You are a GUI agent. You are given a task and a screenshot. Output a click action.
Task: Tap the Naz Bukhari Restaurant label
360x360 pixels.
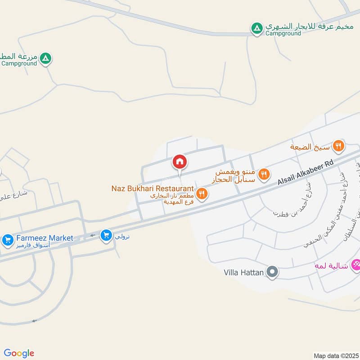[x=153, y=189]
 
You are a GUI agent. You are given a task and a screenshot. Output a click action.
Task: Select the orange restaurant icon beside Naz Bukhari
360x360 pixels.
[x=202, y=193]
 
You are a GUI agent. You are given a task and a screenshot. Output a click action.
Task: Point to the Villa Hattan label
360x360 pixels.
[x=243, y=272]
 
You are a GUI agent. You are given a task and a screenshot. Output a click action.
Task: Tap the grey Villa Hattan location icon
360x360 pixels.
[x=272, y=272]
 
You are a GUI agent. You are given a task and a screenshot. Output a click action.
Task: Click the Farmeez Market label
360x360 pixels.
[x=44, y=238]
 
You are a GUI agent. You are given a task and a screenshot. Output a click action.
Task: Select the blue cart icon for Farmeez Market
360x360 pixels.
[x=8, y=240]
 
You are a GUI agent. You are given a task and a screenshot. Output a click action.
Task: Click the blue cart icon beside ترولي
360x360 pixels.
[x=106, y=235]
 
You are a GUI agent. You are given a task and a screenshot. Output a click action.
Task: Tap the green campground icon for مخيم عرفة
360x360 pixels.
[x=256, y=29]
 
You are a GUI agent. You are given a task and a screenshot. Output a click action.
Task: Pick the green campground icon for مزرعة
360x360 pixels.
[x=45, y=58]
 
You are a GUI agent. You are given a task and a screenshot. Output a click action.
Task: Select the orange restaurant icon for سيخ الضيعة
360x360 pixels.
[x=339, y=146]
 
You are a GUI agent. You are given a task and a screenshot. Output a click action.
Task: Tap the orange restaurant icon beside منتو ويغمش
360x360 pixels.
[x=265, y=174]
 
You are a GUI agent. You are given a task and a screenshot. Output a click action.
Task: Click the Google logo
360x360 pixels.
[x=19, y=353]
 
